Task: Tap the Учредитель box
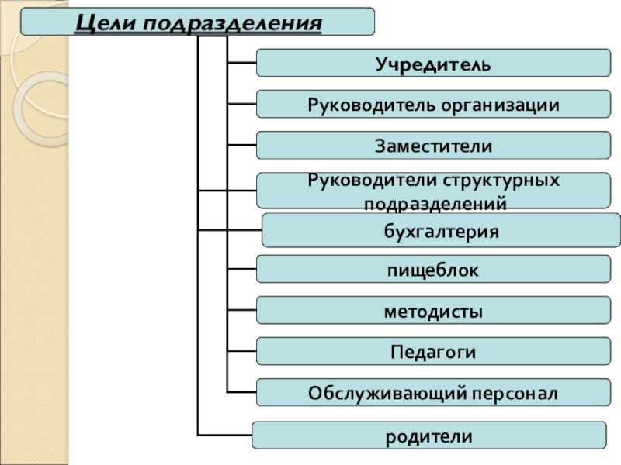pos(432,62)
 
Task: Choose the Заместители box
pos(432,146)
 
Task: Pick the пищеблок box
pos(432,270)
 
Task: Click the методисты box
pos(432,312)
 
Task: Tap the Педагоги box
pos(432,352)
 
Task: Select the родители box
pos(429,436)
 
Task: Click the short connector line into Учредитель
pos(241,62)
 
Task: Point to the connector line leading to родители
pos(225,435)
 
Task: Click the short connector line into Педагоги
pos(241,351)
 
